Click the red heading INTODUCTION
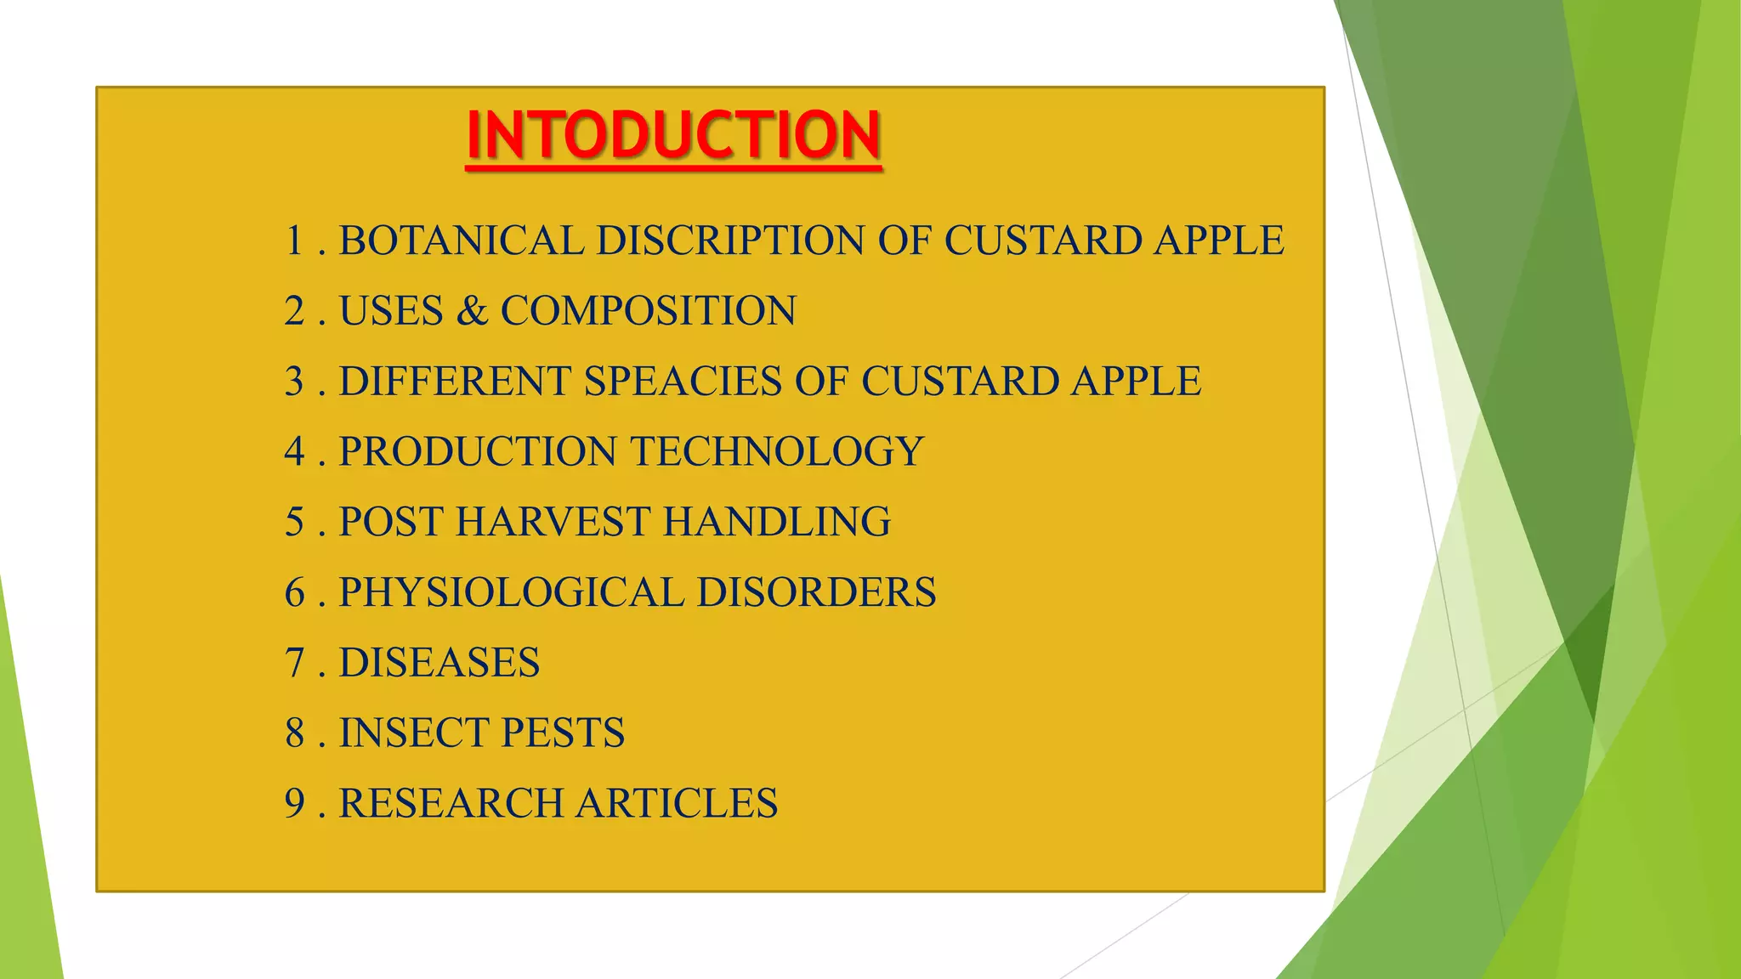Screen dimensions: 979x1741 673,136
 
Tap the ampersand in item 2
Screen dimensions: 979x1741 472,311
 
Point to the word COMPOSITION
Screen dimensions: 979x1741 649,311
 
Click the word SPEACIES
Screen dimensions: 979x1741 683,382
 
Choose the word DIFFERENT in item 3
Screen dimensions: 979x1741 455,382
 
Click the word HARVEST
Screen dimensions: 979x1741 553,522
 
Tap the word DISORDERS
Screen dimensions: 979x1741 816,592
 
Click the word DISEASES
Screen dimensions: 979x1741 440,663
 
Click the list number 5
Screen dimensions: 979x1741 295,522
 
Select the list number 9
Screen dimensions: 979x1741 295,803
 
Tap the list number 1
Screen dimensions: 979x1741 295,241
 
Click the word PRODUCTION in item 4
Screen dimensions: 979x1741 478,451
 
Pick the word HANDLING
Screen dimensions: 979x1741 777,522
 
